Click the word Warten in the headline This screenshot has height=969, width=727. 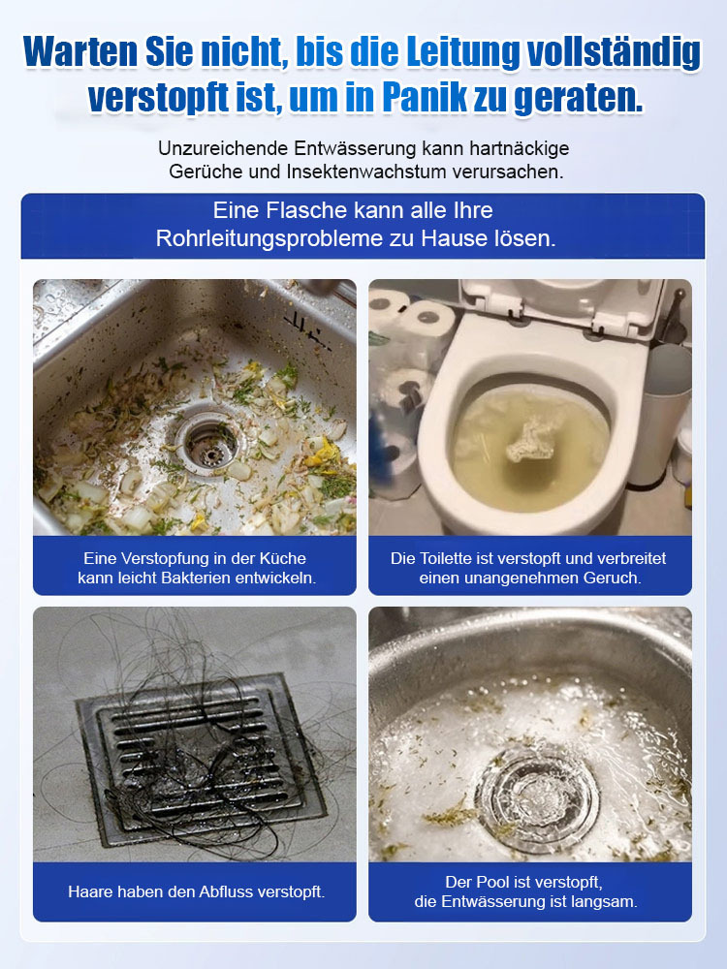pyautogui.click(x=80, y=52)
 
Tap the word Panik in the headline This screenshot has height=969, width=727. pyautogui.click(x=425, y=98)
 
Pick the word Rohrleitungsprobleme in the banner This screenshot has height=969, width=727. pyautogui.click(x=269, y=238)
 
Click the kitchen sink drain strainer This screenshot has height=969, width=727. pyautogui.click(x=207, y=443)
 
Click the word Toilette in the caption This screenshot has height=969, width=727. pyautogui.click(x=446, y=559)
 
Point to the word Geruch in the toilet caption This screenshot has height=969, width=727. pyautogui.click(x=612, y=578)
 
